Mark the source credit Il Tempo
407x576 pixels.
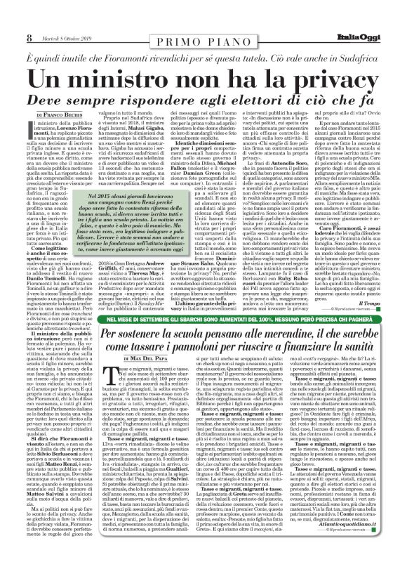[x=382, y=283]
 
